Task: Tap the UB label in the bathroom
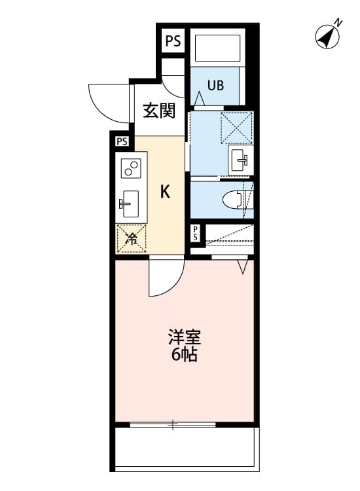[215, 84]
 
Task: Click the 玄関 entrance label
[159, 111]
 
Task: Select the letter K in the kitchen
[166, 192]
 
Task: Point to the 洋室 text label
[184, 338]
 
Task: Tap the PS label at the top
[173, 42]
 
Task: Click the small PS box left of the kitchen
[122, 141]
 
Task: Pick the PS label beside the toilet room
[195, 233]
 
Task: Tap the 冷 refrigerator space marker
[131, 238]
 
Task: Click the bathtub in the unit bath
[219, 47]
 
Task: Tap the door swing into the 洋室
[164, 278]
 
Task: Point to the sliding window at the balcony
[173, 424]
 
